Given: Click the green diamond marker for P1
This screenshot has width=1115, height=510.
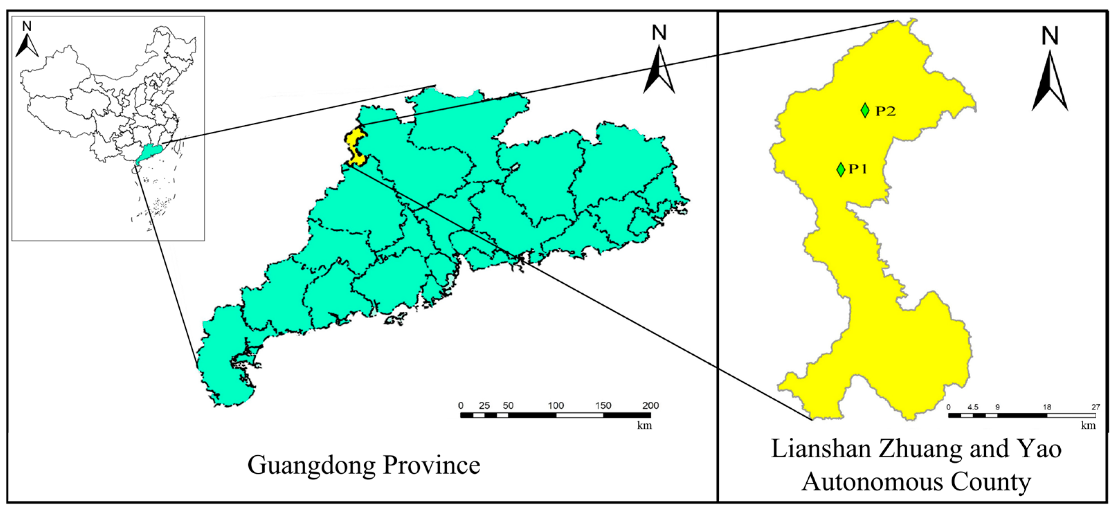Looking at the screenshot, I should click(841, 169).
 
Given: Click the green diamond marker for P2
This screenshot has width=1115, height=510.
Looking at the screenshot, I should click(865, 110).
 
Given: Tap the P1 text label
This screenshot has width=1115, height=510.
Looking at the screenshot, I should click(858, 169).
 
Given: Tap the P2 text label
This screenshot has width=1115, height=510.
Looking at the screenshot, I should click(886, 111).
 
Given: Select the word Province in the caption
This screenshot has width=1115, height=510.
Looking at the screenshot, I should click(432, 465).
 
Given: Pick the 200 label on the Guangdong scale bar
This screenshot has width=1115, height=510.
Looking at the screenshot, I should click(650, 406).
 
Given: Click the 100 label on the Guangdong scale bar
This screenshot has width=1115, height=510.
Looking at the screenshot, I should click(556, 406).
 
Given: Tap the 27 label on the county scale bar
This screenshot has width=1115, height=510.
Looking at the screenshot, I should click(1096, 407).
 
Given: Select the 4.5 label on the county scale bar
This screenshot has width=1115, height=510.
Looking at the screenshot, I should click(973, 407).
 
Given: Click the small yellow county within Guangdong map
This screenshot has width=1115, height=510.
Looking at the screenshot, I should click(356, 147).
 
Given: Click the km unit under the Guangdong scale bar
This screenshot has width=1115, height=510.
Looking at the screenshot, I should click(644, 425).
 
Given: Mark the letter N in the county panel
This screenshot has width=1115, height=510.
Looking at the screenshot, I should click(1050, 36).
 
